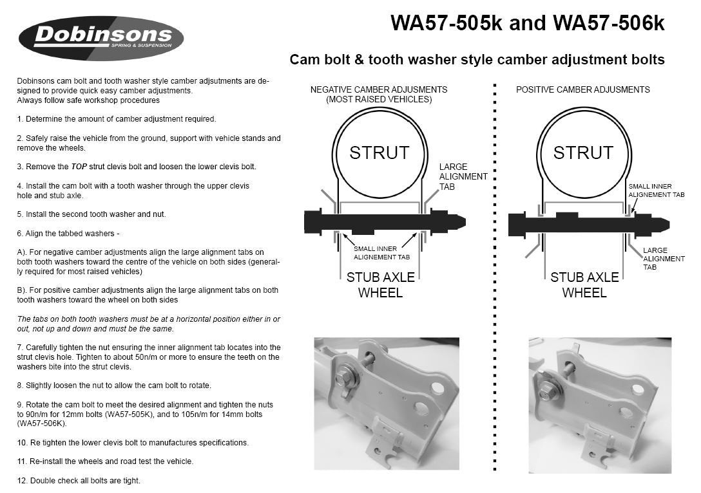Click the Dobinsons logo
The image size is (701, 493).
[x=101, y=38]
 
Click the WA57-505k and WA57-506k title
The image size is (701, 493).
[x=527, y=24]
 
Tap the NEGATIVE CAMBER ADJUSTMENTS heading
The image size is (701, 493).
[x=379, y=90]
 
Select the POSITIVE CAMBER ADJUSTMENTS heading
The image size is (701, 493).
[x=582, y=90]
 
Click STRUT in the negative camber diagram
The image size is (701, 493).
[x=379, y=153]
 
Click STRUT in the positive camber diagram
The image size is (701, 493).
[x=582, y=153]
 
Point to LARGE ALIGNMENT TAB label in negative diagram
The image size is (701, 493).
[x=463, y=176]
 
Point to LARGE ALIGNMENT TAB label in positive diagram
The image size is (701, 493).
[x=664, y=259]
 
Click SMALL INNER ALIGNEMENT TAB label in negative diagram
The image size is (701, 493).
[x=381, y=253]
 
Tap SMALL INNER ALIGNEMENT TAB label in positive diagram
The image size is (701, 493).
[x=656, y=191]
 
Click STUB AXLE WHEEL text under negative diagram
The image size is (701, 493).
[x=380, y=285]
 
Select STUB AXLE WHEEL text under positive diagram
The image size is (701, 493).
[x=584, y=285]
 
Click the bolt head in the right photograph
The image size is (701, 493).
[x=548, y=389]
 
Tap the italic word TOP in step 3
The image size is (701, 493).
[x=79, y=167]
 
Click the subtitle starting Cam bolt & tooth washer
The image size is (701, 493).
[x=477, y=60]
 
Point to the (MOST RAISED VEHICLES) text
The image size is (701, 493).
[x=379, y=100]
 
